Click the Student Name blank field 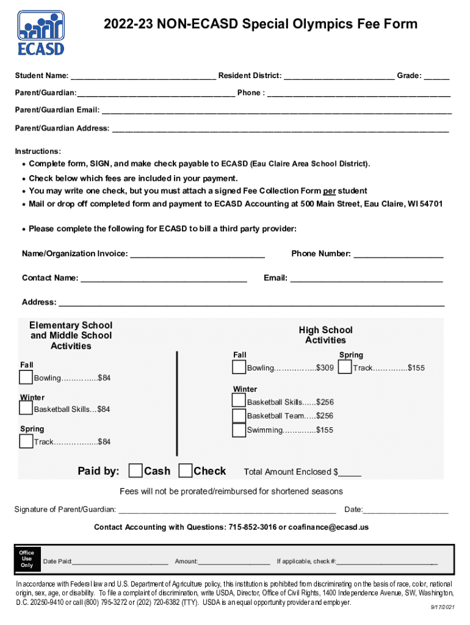(143, 77)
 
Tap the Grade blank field (436, 77)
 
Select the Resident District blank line (339, 77)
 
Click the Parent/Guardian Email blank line (277, 112)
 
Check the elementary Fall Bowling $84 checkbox (26, 377)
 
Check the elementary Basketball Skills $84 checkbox (26, 408)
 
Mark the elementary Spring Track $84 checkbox (26, 441)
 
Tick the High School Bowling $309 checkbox (239, 367)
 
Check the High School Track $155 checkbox (344, 367)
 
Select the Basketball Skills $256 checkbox (239, 401)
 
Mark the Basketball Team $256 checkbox (239, 415)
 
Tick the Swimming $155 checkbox (239, 430)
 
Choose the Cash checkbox (135, 471)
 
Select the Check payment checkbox (185, 471)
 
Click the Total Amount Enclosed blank (350, 473)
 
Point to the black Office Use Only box (27, 559)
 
